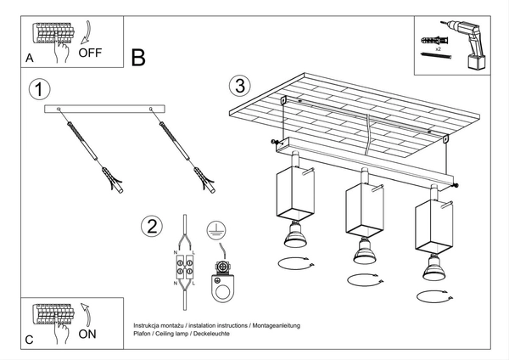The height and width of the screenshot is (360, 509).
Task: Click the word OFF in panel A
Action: (90, 52)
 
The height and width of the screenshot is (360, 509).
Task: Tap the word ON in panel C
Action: (87, 334)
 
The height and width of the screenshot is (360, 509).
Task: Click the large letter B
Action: (138, 57)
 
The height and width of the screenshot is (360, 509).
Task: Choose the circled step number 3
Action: (240, 86)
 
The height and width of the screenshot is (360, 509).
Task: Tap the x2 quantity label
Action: (437, 51)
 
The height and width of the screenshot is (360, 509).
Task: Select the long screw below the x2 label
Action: (440, 59)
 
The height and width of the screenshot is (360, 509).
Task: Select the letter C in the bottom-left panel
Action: (30, 340)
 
